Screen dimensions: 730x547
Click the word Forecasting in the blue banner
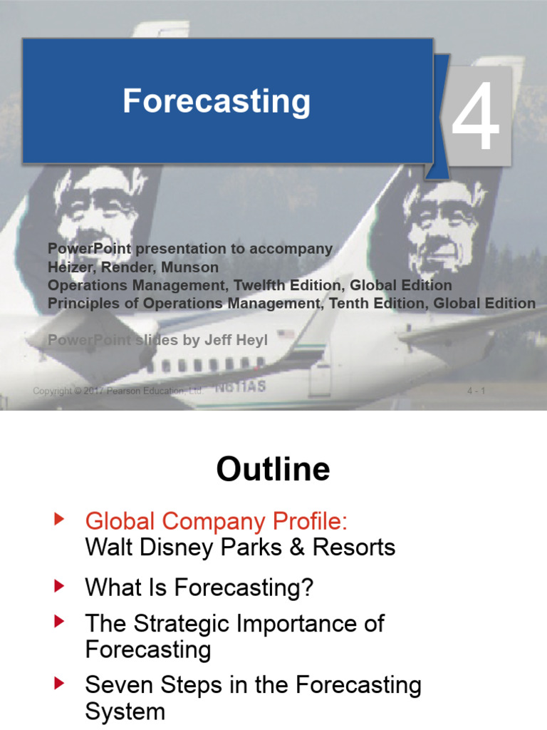[217, 102]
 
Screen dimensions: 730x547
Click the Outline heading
[273, 470]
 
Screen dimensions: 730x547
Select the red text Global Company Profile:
[217, 521]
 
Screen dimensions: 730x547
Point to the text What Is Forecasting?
[199, 588]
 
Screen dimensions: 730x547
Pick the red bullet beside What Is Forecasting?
[60, 587]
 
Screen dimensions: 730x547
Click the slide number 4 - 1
[476, 391]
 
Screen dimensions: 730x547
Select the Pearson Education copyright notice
[118, 391]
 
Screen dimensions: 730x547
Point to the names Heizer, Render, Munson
[133, 267]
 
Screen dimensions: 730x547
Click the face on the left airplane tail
[100, 207]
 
